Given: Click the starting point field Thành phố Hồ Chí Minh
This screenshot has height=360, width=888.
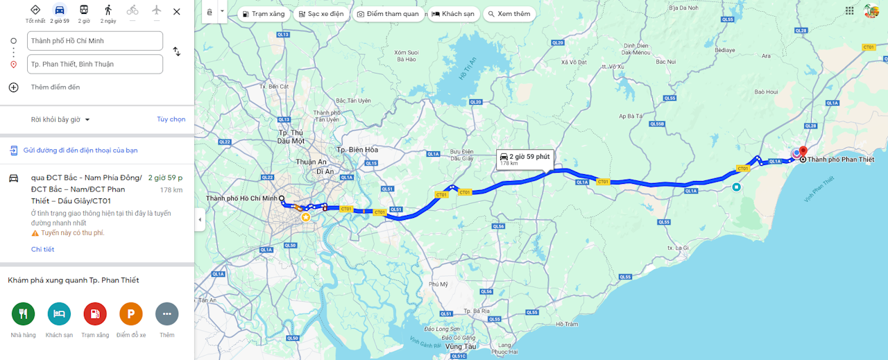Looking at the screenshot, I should [x=95, y=41].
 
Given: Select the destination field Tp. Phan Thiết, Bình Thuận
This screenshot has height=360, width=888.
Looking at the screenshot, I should [x=95, y=65].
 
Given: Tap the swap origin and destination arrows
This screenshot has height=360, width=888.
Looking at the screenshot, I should [x=177, y=52].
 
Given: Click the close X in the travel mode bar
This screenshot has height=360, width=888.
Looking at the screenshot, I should [x=177, y=11].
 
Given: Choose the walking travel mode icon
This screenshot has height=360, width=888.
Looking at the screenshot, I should [x=108, y=10].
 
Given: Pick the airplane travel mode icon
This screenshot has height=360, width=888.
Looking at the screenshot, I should [x=156, y=10].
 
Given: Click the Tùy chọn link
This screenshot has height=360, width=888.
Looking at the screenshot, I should [x=171, y=119].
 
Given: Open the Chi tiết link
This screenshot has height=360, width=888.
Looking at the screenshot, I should [x=42, y=249].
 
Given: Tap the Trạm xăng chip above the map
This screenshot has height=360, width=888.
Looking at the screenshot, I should [x=263, y=14].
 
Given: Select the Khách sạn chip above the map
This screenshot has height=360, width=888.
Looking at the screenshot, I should [x=452, y=14].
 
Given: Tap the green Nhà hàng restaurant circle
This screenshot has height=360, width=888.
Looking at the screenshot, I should [x=23, y=314].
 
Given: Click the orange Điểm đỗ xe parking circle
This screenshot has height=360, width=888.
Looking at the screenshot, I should [x=131, y=314].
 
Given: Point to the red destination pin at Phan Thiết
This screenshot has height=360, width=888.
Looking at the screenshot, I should [x=803, y=151].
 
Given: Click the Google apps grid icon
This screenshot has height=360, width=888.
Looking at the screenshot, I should [x=850, y=10].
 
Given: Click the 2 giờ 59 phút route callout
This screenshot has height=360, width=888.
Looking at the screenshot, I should [x=525, y=158].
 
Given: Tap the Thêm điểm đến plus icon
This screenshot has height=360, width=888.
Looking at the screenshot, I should [x=13, y=87].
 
